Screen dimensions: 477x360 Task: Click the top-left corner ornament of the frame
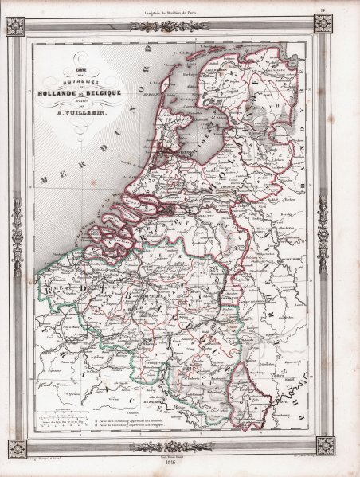pyautogui.click(x=17, y=26)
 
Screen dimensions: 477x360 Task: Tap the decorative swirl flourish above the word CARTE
pyautogui.click(x=76, y=56)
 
